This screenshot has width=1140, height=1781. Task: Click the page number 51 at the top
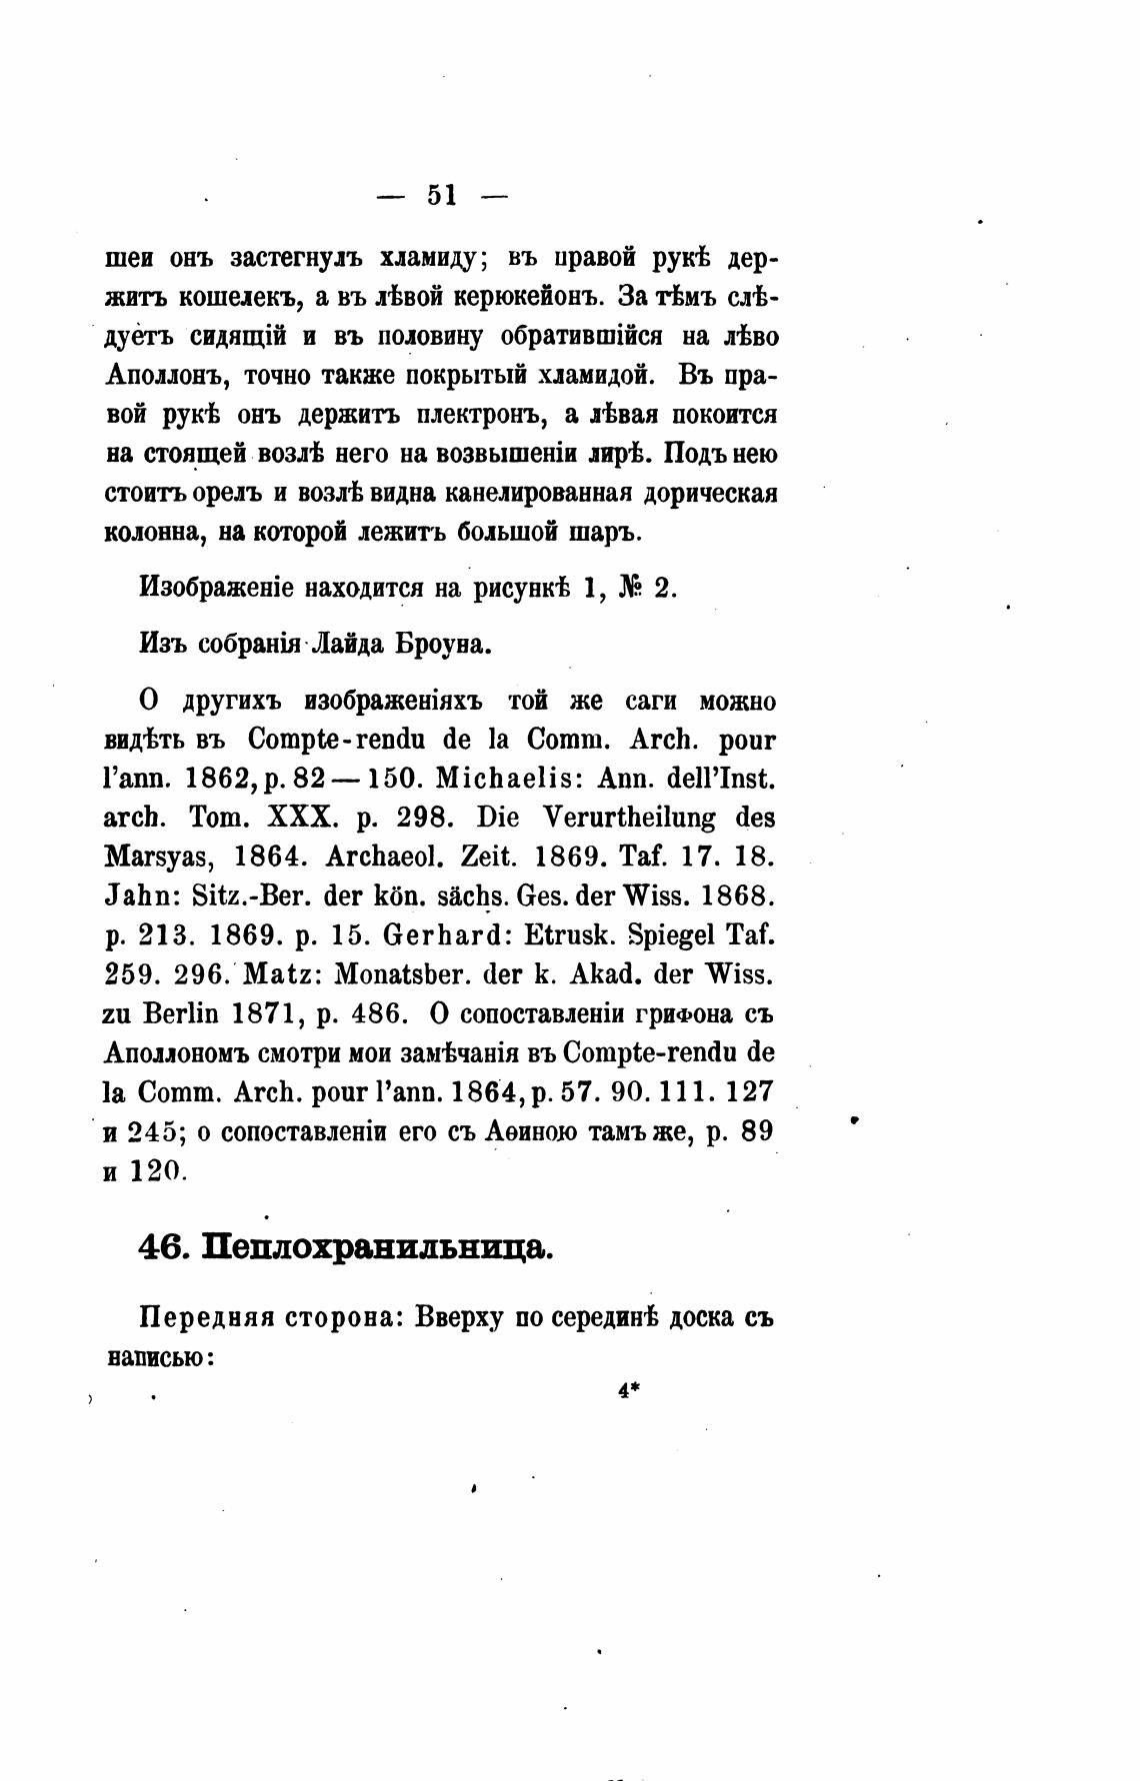click(441, 195)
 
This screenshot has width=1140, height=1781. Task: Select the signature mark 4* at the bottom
click(629, 1388)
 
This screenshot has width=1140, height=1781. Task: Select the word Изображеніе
click(217, 588)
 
